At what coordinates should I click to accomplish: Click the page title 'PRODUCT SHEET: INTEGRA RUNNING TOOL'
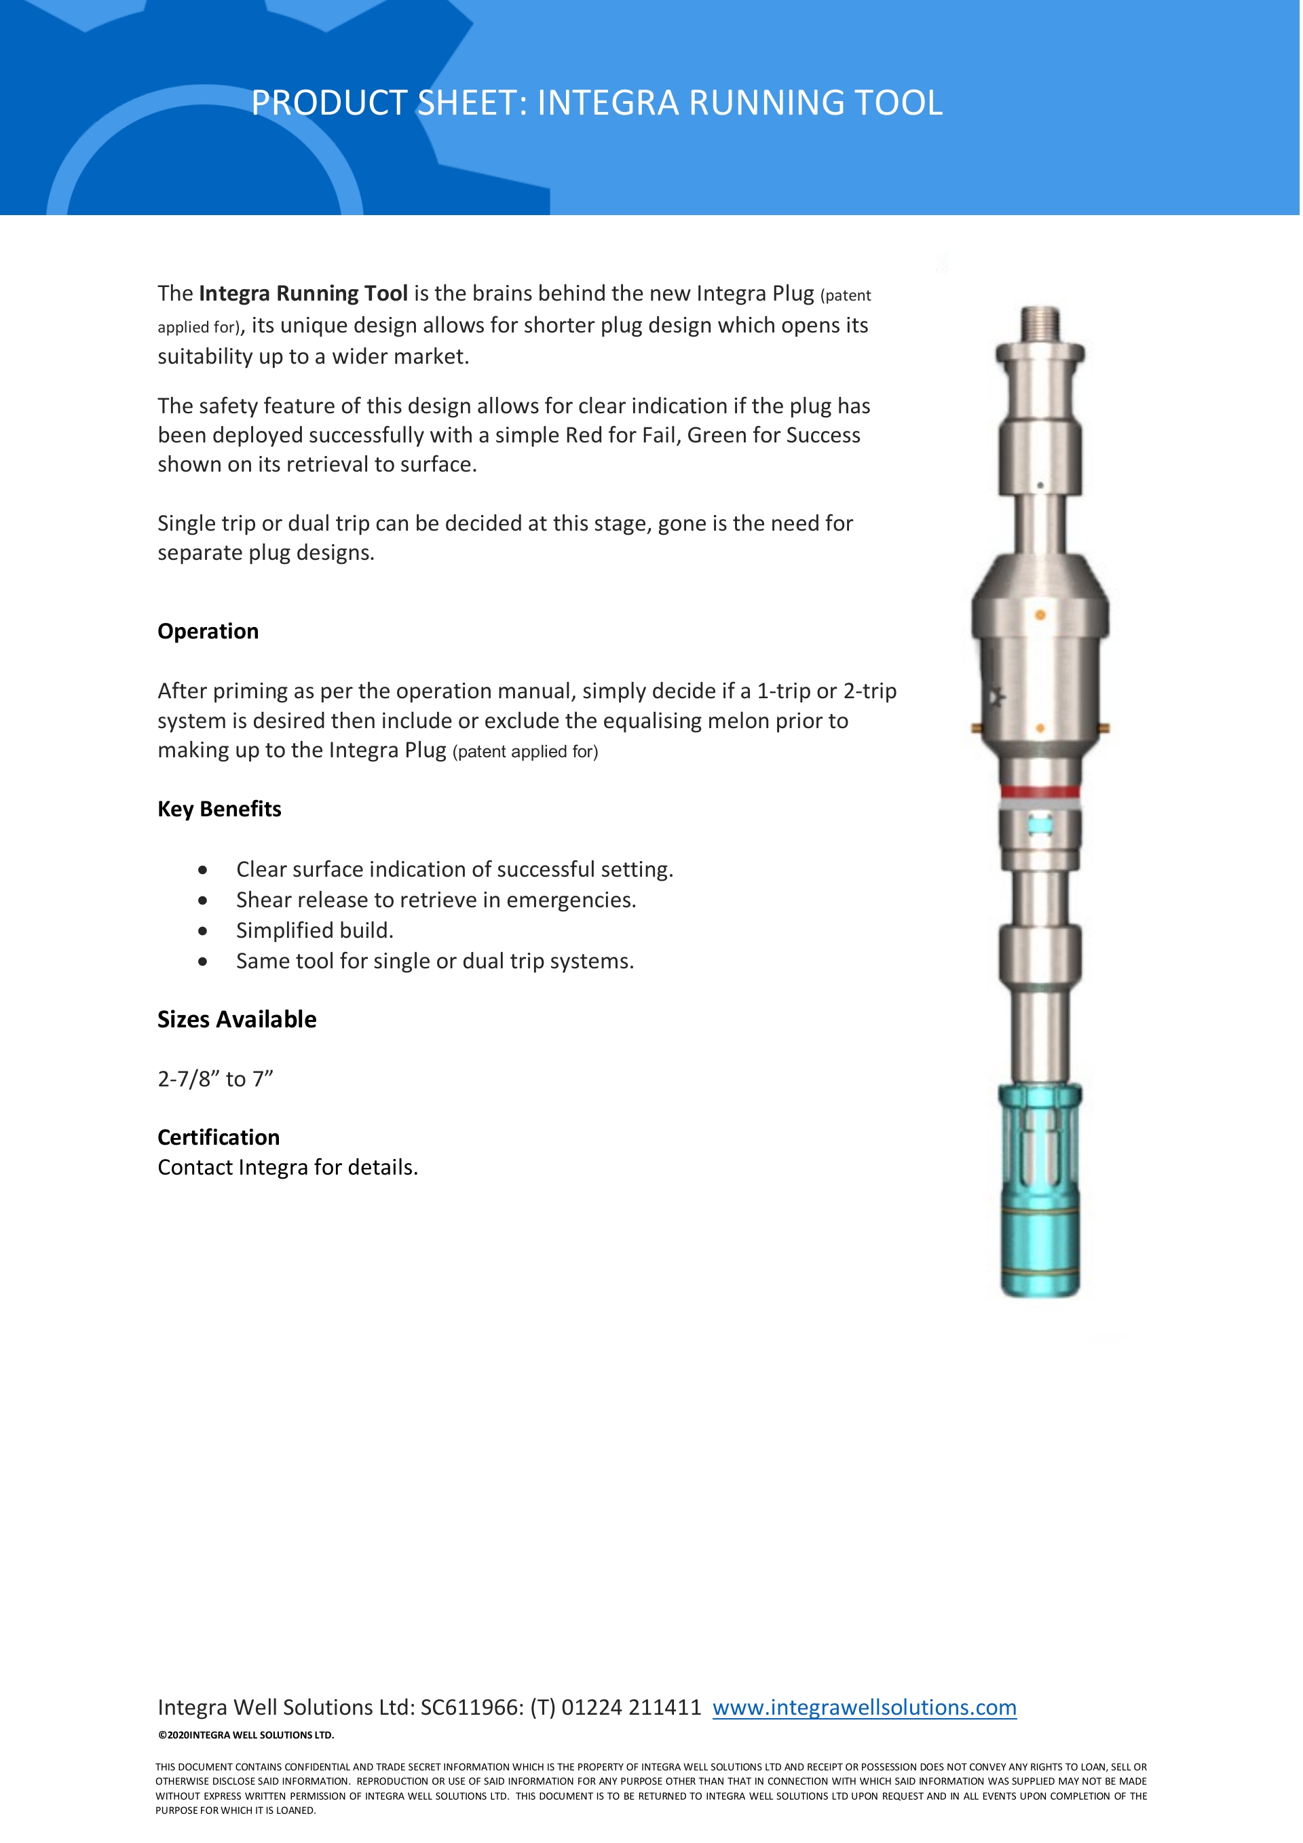pyautogui.click(x=597, y=102)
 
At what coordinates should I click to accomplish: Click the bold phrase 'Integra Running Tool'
pyautogui.click(x=303, y=294)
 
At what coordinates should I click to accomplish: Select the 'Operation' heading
pyautogui.click(x=208, y=632)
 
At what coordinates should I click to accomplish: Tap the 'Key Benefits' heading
pyautogui.click(x=219, y=809)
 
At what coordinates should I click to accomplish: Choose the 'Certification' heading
pyautogui.click(x=219, y=1137)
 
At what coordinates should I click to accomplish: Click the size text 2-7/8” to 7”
pyautogui.click(x=215, y=1080)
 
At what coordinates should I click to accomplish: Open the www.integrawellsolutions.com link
pyautogui.click(x=864, y=1707)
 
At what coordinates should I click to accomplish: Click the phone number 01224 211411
pyautogui.click(x=631, y=1707)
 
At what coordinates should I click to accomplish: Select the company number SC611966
pyautogui.click(x=470, y=1707)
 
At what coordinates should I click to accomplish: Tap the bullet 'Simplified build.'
pyautogui.click(x=315, y=930)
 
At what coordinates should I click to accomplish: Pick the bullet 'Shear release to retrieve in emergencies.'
pyautogui.click(x=436, y=900)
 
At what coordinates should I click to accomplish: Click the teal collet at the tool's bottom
pyautogui.click(x=1040, y=1188)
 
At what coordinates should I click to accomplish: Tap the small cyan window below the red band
pyautogui.click(x=1040, y=824)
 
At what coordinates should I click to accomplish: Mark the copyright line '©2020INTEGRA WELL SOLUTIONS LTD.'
pyautogui.click(x=246, y=1734)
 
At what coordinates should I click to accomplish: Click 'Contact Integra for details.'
pyautogui.click(x=288, y=1167)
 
